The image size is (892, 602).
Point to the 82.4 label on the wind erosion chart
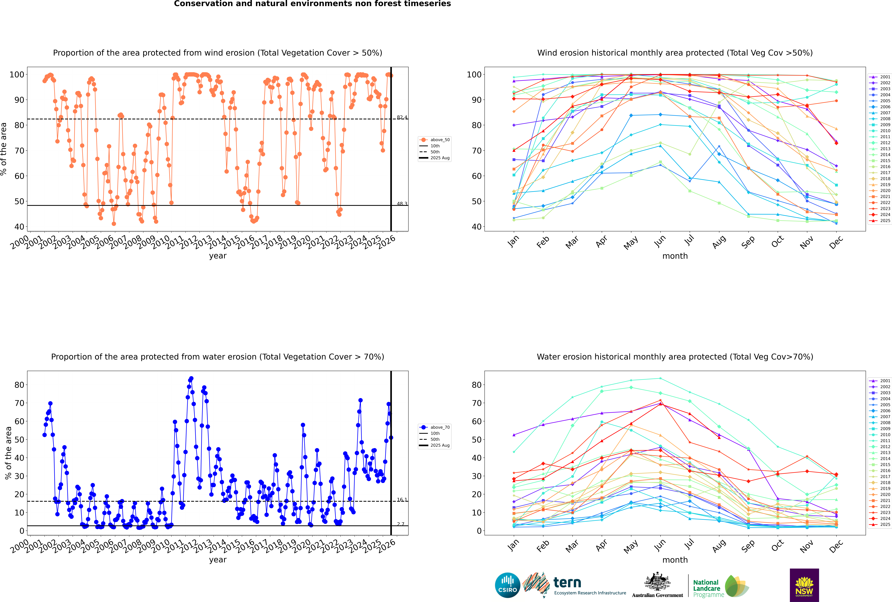[x=402, y=117]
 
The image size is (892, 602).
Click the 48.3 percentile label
[x=402, y=204]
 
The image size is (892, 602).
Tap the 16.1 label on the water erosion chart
[x=402, y=499]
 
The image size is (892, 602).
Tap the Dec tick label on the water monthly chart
[x=836, y=545]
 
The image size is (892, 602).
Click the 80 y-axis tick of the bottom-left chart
[x=19, y=385]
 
